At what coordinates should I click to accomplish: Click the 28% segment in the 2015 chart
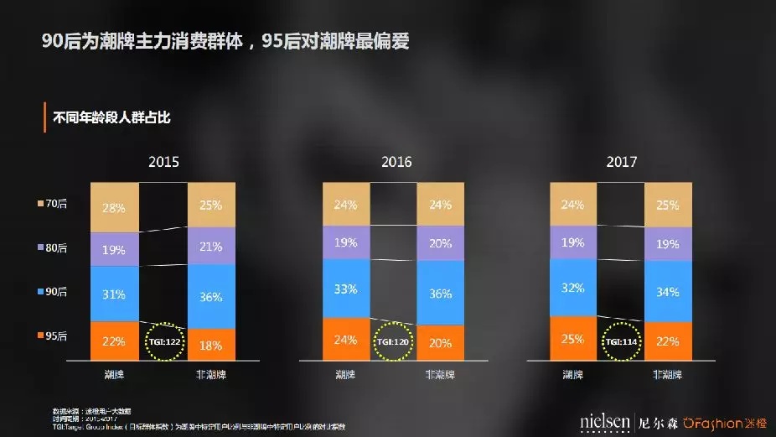pos(115,207)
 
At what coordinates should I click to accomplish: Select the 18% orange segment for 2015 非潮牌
pos(212,344)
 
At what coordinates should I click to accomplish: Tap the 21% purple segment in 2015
pos(212,246)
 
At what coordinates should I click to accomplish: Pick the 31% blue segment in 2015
pos(115,294)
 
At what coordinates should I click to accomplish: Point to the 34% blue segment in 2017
pos(668,291)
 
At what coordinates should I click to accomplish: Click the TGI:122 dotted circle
pos(163,341)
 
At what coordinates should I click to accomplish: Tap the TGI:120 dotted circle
pos(394,343)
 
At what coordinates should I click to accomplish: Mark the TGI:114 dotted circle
pos(621,342)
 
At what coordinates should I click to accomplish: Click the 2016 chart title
pos(397,162)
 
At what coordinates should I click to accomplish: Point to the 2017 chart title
pos(623,162)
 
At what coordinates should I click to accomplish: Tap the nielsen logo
pos(604,420)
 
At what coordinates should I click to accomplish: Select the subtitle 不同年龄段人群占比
pos(111,117)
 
